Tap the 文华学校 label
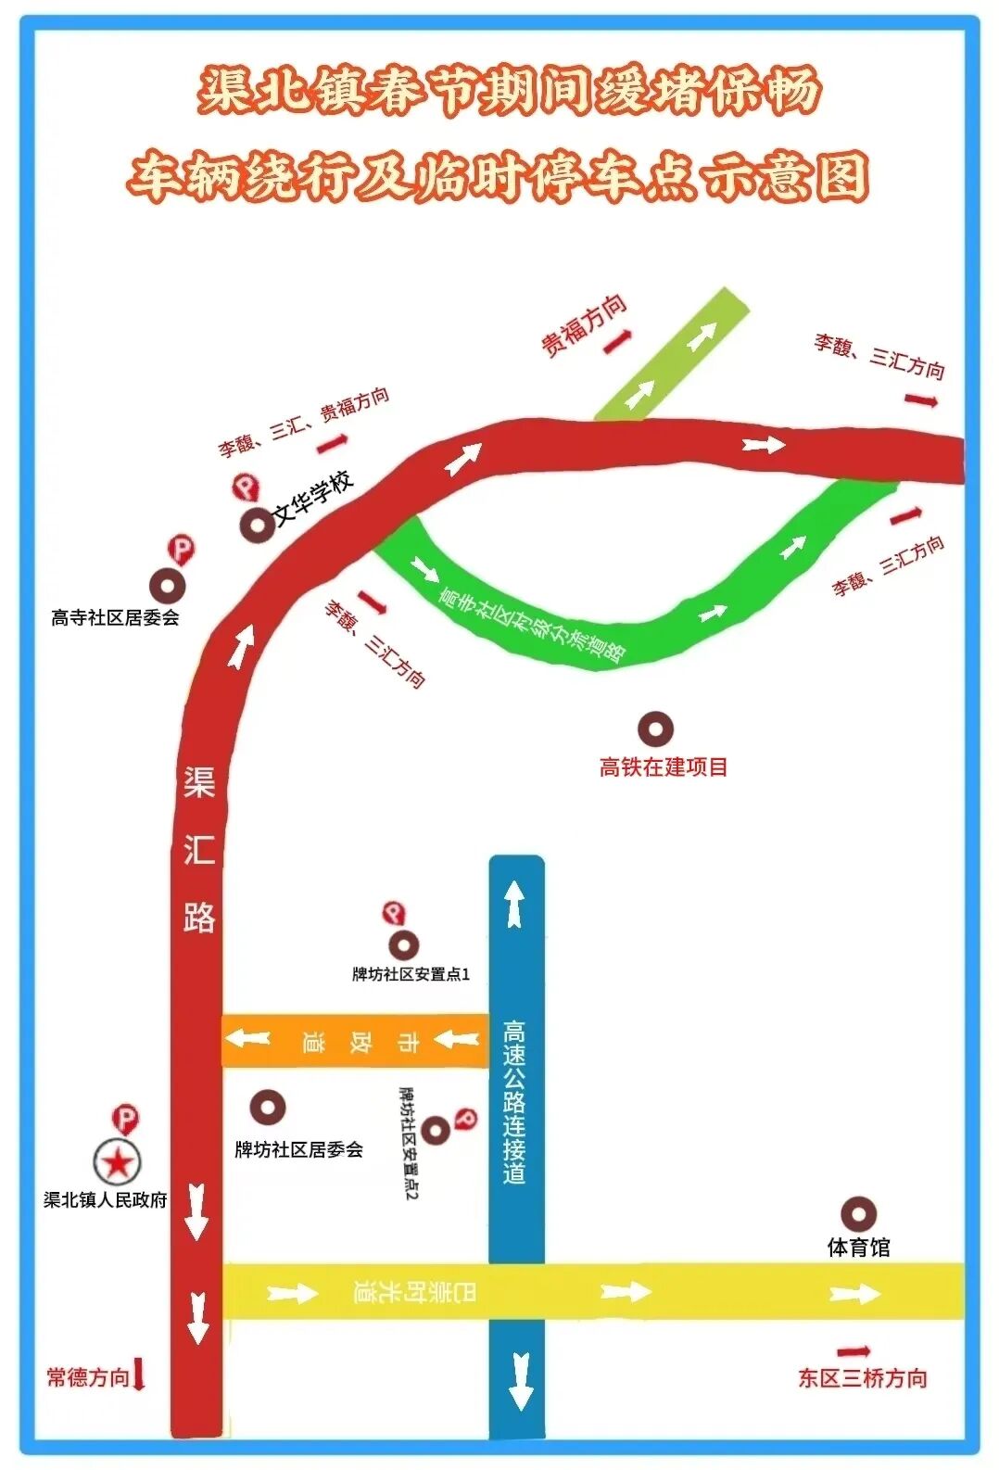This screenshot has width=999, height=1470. click(314, 498)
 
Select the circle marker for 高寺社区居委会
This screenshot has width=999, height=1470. click(168, 586)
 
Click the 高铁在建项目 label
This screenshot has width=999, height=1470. click(663, 767)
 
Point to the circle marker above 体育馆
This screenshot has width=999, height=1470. click(858, 1213)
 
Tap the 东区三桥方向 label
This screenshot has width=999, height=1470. click(862, 1378)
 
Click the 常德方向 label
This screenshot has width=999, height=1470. click(88, 1377)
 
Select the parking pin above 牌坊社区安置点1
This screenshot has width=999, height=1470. click(394, 915)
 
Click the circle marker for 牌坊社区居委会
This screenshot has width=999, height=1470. click(268, 1107)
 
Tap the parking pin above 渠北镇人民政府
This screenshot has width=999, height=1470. click(124, 1119)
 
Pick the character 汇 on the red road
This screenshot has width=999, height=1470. click(199, 849)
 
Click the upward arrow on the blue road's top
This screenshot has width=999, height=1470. click(515, 903)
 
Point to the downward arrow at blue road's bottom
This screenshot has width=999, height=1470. click(521, 1381)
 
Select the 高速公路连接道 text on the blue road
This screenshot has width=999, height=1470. click(514, 1103)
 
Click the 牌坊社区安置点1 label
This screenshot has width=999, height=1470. click(411, 974)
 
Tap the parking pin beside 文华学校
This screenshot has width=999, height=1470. click(244, 487)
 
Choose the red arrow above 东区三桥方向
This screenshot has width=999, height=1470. click(853, 1352)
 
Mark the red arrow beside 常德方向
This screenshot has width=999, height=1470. click(139, 1374)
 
